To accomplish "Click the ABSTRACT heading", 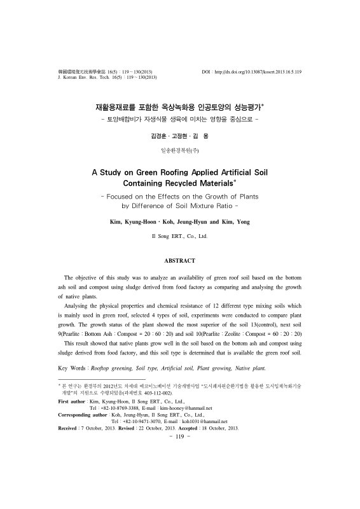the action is pyautogui.click(x=180, y=261).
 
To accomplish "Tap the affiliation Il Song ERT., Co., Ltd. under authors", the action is pyautogui.click(x=180, y=235).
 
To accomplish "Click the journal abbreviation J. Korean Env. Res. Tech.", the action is pyautogui.click(x=85, y=78).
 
